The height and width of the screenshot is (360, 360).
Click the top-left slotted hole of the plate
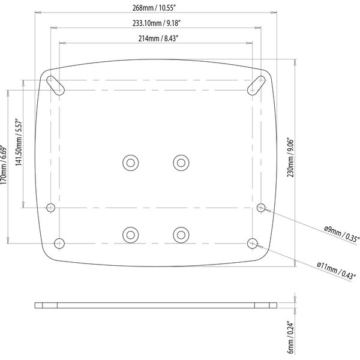[x=55, y=83]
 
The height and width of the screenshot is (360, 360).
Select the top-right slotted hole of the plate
[x=257, y=83]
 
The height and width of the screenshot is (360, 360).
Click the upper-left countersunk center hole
[x=130, y=162]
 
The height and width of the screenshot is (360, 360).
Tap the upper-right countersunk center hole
[x=181, y=162]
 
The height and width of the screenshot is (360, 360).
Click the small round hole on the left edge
[x=51, y=207]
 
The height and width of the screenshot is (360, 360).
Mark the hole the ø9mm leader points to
[x=260, y=207]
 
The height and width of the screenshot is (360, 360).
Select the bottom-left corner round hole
[x=59, y=243]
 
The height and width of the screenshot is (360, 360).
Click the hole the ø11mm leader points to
[x=253, y=243]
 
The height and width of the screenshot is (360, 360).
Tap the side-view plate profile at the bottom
[x=155, y=305]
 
